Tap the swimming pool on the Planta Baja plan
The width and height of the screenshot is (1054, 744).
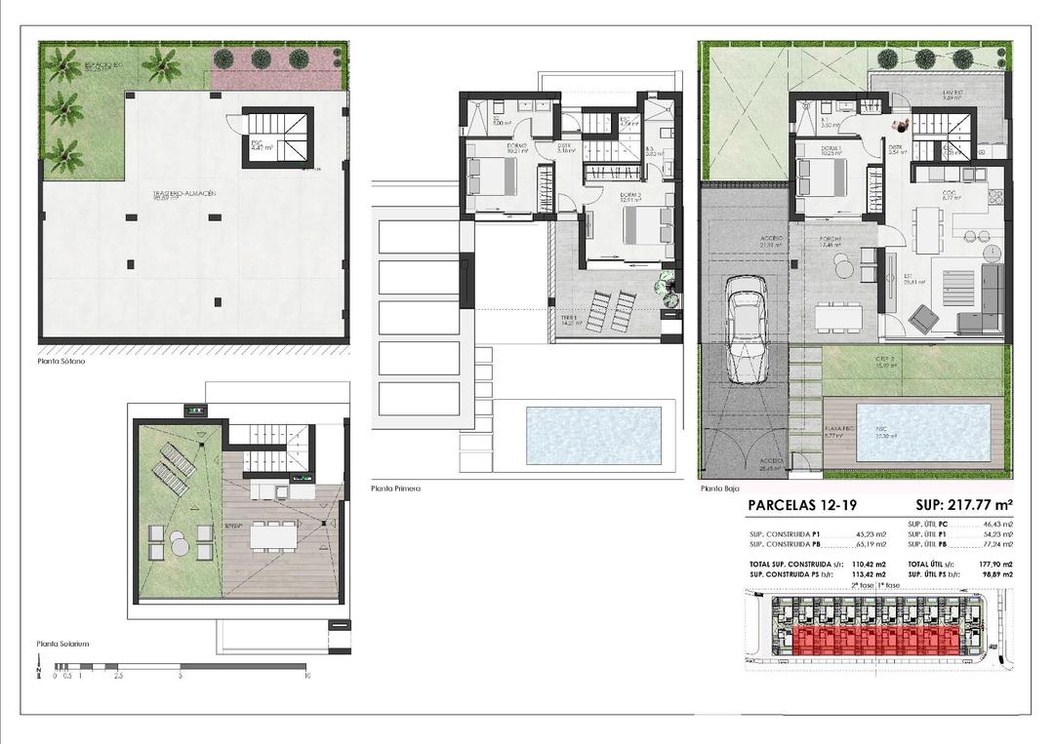(922, 432)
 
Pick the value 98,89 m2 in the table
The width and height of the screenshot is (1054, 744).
(995, 576)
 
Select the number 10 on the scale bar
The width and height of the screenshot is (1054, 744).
(305, 675)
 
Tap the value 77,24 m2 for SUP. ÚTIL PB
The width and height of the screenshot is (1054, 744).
(995, 545)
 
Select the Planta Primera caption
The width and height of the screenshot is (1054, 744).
(395, 488)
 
